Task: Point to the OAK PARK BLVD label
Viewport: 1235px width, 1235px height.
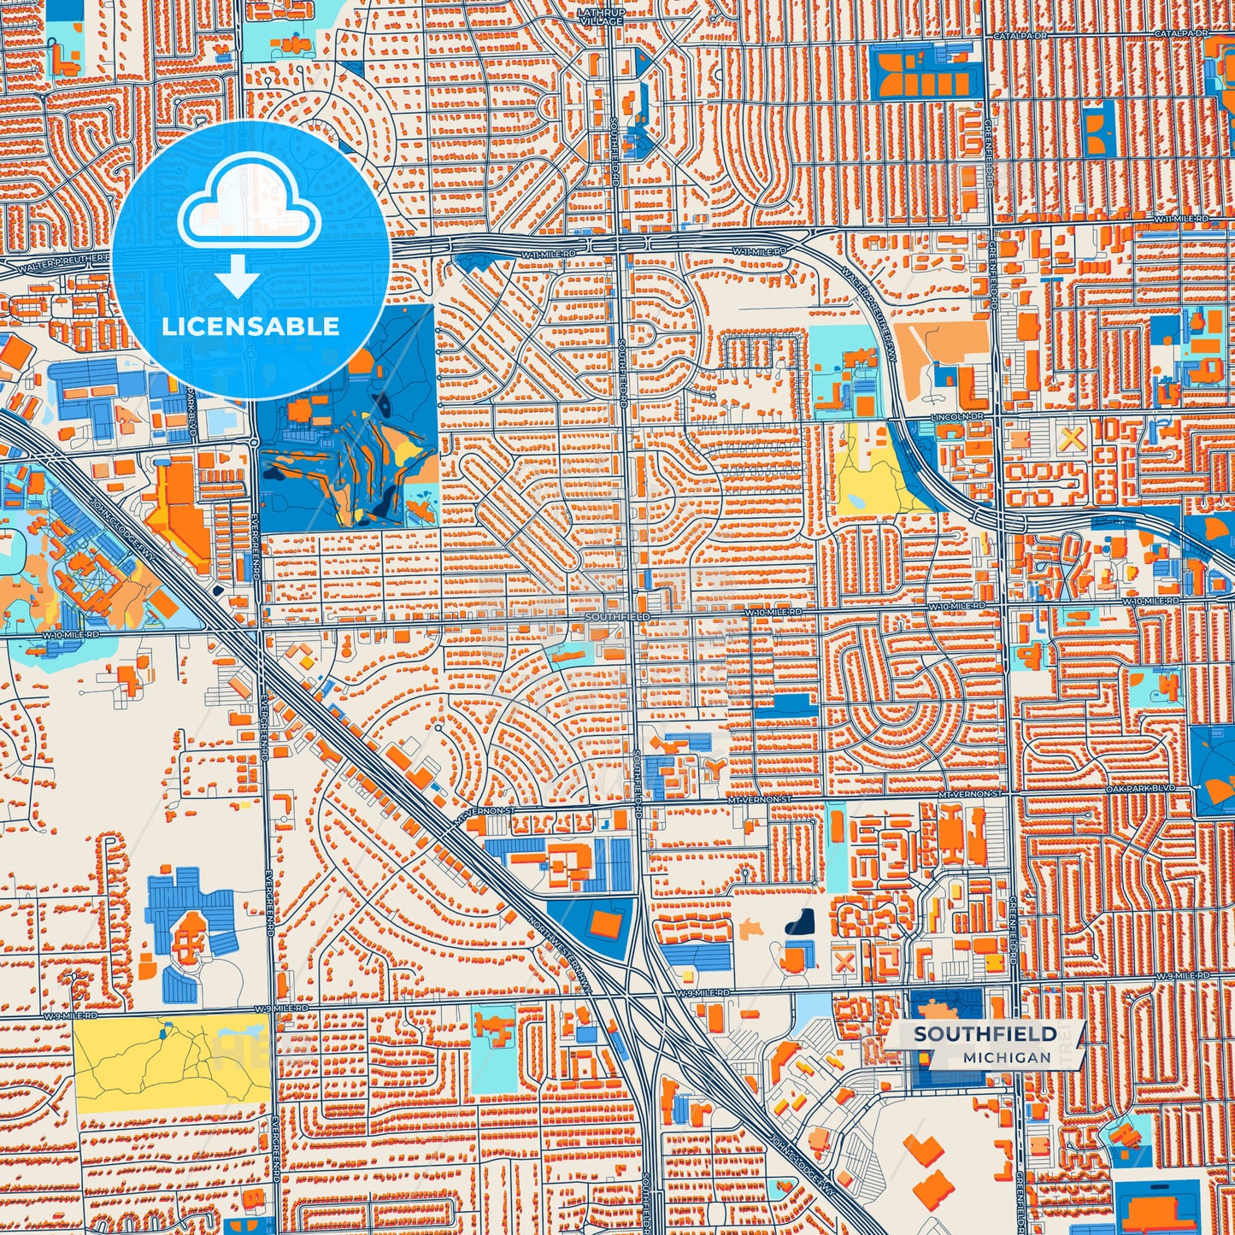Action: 1140,788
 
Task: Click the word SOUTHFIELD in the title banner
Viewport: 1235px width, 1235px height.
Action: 985,1034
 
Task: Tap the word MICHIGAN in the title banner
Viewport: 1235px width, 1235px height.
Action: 1006,1057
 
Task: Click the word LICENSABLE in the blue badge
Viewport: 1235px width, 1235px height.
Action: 250,326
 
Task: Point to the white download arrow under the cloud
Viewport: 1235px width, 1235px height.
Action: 237,275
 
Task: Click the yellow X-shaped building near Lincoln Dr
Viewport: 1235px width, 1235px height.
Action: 1071,439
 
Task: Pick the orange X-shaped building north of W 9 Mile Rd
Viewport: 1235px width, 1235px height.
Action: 844,962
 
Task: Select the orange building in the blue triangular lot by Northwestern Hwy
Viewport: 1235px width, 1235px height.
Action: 607,923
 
